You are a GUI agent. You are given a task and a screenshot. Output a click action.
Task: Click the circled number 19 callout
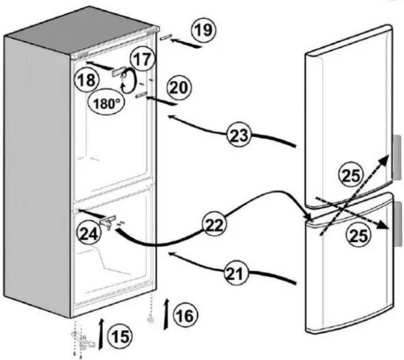(x=204, y=30)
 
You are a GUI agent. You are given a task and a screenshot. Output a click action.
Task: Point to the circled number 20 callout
(x=179, y=88)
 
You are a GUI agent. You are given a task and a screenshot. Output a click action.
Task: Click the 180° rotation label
(x=106, y=104)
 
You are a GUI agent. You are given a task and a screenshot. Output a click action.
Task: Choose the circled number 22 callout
(x=215, y=225)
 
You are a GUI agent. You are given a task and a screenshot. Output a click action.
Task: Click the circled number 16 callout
(x=186, y=316)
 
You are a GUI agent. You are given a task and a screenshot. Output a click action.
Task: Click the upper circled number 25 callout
(x=350, y=176)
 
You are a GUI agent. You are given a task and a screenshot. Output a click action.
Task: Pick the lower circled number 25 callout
(x=359, y=235)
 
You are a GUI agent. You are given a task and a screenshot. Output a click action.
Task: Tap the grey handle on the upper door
(x=397, y=157)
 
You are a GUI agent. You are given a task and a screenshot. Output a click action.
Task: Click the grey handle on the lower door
(x=398, y=224)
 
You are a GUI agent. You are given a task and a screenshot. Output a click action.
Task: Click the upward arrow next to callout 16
(x=167, y=314)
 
